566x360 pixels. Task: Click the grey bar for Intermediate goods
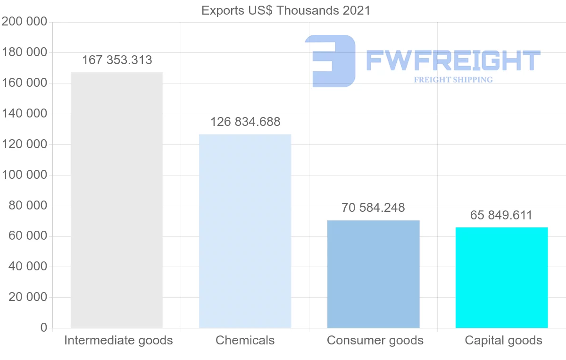117,200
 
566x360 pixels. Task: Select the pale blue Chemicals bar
245,231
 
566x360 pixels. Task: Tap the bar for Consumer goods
373,274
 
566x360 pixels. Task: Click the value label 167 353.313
117,60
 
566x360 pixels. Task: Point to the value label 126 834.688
245,122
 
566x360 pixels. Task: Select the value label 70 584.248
373,208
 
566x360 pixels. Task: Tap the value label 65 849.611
501,216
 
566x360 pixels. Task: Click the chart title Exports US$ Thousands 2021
286,10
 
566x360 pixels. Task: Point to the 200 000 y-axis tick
25,22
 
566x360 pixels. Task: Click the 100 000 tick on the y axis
25,175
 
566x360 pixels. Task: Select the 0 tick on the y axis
44,328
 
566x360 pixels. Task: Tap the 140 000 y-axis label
25,114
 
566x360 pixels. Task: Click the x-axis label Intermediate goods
118,340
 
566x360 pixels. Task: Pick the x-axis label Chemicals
245,340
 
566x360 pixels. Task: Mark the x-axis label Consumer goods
375,340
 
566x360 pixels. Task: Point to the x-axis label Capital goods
503,340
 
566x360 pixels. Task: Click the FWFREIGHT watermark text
453,61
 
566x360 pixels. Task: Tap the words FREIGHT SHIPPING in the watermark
453,80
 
